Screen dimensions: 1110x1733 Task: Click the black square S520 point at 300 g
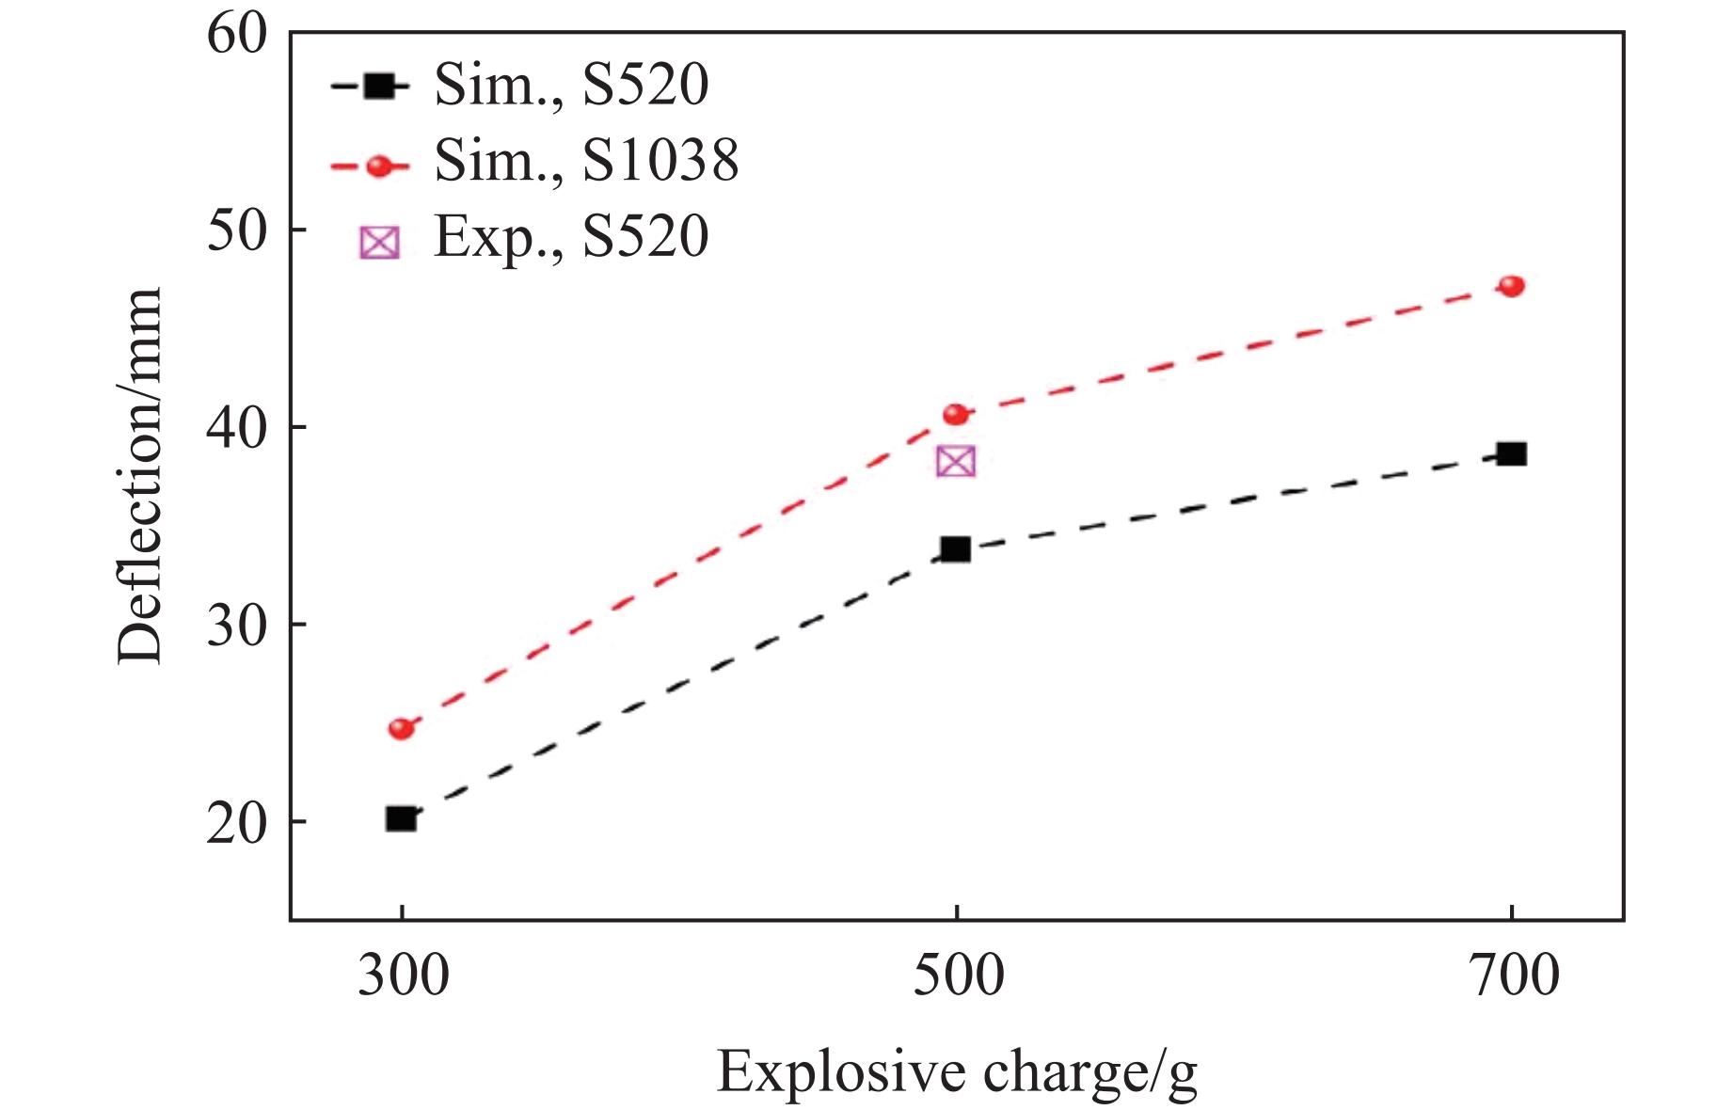coord(401,818)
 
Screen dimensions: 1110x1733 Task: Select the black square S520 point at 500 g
coord(955,549)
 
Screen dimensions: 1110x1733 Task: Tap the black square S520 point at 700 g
coord(1511,454)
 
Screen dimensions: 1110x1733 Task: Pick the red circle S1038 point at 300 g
coord(402,728)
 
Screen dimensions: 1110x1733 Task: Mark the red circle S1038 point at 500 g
coord(955,414)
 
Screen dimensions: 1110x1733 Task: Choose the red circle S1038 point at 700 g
coord(1511,286)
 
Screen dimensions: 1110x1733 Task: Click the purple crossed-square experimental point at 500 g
coord(956,461)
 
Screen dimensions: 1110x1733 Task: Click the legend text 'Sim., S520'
coord(570,86)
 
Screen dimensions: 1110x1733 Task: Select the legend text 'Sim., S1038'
coord(585,162)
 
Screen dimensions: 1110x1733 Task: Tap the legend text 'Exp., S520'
coord(570,236)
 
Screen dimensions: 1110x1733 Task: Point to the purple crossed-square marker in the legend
coord(379,243)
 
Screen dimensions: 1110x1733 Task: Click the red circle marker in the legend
coord(379,166)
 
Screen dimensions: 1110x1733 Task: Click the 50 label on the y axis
coord(236,230)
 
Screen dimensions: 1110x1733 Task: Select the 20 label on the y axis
coord(236,823)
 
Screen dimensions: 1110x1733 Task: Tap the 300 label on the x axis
coord(402,976)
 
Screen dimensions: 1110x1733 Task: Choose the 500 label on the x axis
coord(956,976)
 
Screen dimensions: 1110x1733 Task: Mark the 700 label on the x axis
coord(1511,976)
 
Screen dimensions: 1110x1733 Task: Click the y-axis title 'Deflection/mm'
coord(141,476)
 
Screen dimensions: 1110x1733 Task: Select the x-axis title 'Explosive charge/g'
coord(956,1072)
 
